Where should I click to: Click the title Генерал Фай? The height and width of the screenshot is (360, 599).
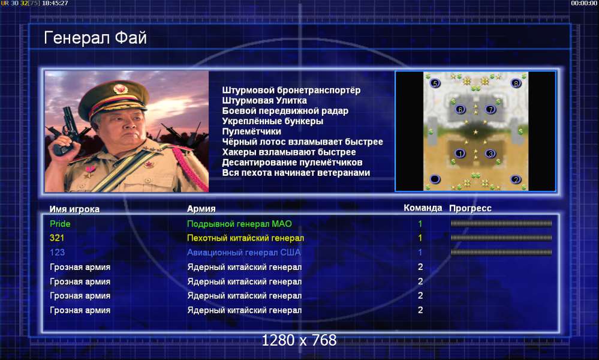coord(95,38)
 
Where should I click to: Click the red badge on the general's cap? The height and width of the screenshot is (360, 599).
coord(121,89)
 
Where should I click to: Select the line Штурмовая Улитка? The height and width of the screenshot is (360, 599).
coord(264,101)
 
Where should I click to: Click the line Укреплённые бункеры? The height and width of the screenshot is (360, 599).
coord(273,121)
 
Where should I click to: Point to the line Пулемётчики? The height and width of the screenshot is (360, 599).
coord(251,131)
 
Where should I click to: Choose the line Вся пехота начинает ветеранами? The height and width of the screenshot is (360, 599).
coord(296,173)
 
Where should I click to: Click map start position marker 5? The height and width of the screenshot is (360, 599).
coord(435,83)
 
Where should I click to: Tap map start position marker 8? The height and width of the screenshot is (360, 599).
coord(516,83)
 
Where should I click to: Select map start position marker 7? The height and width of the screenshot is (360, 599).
coord(490,110)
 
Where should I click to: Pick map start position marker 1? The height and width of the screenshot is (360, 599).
coord(460,154)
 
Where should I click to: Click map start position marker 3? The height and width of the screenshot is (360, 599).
coord(490,154)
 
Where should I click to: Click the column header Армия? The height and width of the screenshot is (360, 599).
coord(201,209)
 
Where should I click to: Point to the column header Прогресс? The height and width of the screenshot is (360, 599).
coord(470,208)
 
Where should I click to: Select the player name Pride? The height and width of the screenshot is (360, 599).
coord(60,224)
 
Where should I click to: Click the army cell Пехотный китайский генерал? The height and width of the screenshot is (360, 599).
coord(245,238)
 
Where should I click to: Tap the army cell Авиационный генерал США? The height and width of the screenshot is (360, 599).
coord(243,252)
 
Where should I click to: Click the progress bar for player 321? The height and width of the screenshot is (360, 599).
coord(501,238)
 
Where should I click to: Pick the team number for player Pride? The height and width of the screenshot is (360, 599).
coord(420,224)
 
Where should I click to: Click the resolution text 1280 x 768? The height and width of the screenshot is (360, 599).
coord(299,340)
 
